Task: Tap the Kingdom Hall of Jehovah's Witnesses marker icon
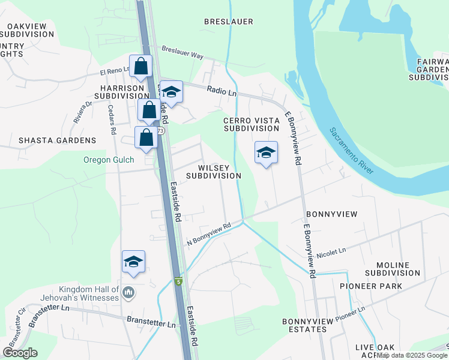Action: [128, 293]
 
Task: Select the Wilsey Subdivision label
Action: [213, 171]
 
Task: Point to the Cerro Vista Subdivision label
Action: [252, 124]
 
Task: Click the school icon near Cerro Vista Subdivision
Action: [266, 153]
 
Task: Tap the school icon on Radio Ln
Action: [171, 92]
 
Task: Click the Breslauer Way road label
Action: [183, 52]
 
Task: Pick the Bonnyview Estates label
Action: [307, 326]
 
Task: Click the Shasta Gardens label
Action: [57, 140]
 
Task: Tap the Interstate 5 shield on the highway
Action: [178, 281]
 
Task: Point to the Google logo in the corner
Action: [20, 353]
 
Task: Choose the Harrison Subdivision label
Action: [121, 91]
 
